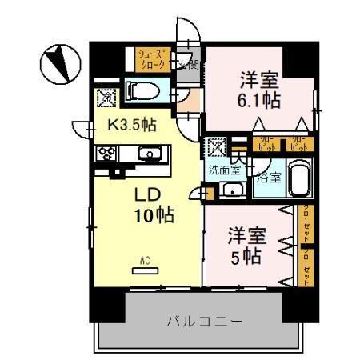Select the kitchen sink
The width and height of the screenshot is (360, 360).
click(x=148, y=154)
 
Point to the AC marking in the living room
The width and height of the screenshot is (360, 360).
click(x=145, y=259)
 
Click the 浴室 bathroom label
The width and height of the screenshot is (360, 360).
click(x=267, y=178)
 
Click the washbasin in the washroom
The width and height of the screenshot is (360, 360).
click(x=232, y=190)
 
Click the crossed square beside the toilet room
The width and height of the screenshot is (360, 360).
click(x=106, y=98)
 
